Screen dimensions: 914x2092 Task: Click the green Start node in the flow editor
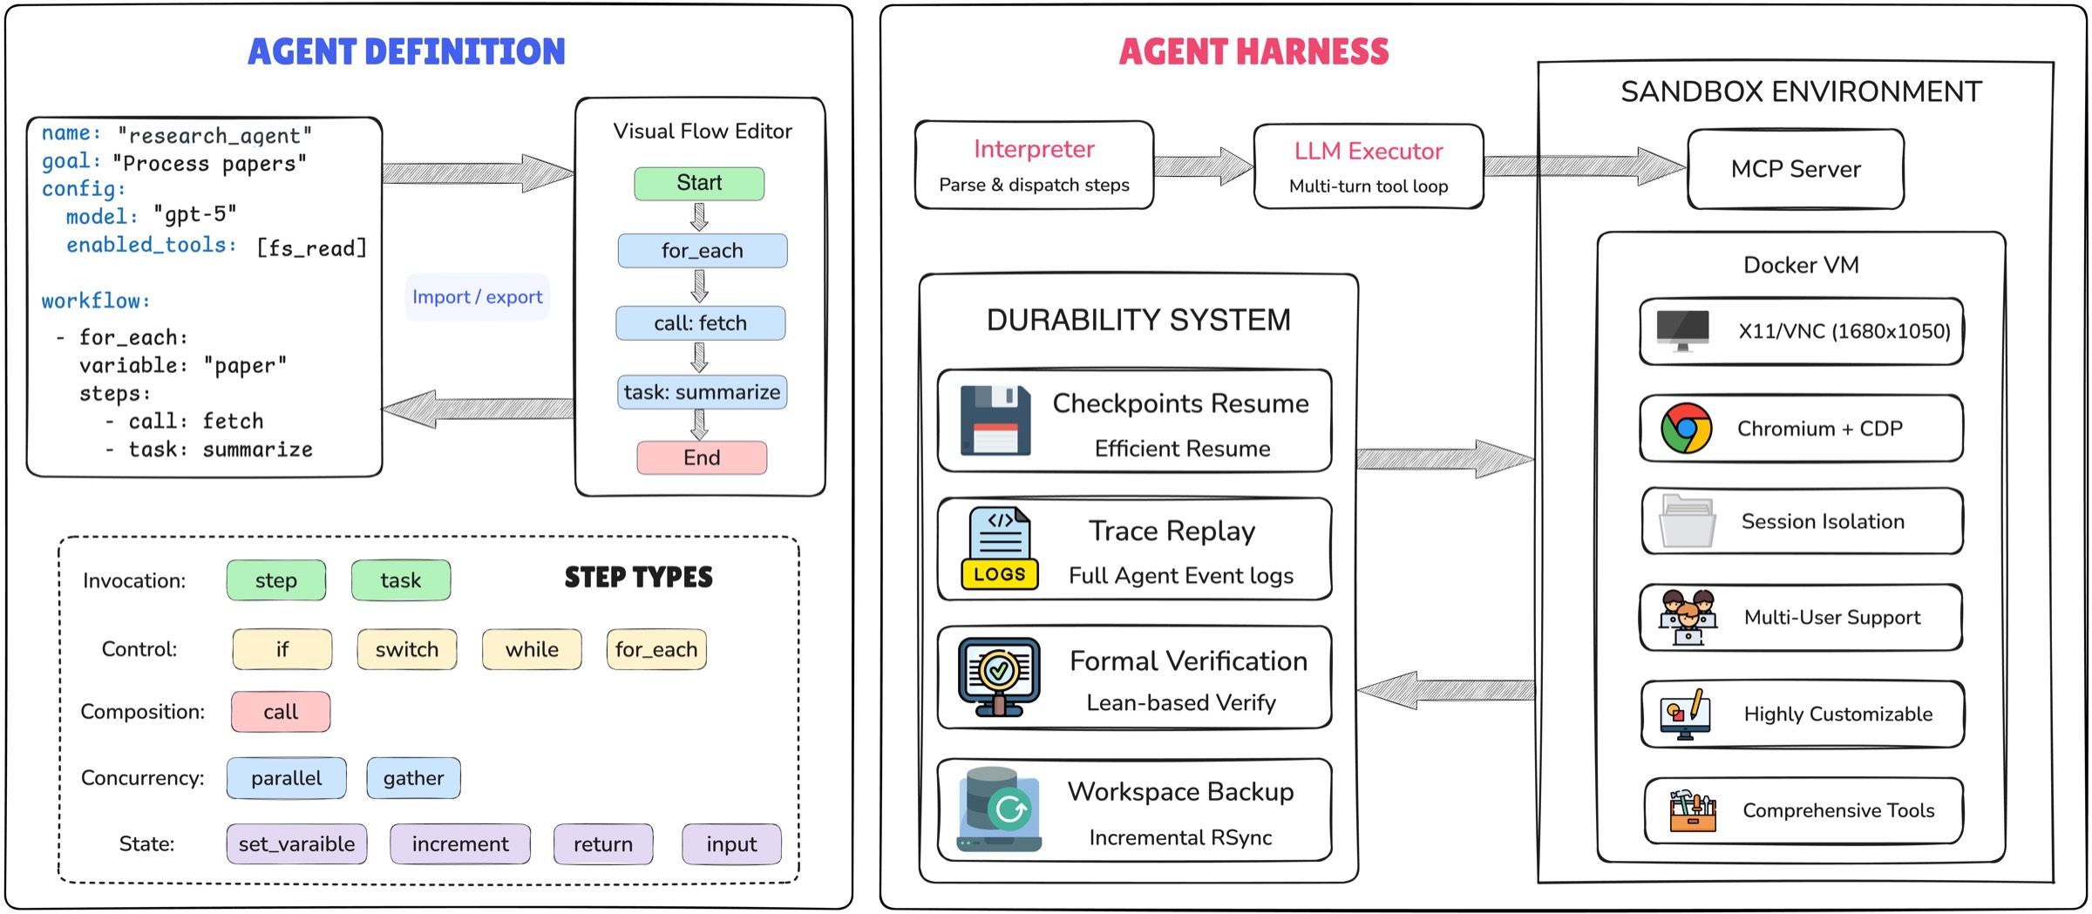tap(699, 183)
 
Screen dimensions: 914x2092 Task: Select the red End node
tap(702, 457)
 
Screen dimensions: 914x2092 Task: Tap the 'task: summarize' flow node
tap(702, 392)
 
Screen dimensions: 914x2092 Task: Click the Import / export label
tap(477, 297)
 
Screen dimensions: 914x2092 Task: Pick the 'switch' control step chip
tap(406, 649)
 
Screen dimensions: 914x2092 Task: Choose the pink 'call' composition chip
tap(281, 712)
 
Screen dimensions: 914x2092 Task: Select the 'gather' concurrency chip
tap(413, 778)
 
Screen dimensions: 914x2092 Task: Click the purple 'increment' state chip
tap(460, 844)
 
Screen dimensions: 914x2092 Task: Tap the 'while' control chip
tap(532, 649)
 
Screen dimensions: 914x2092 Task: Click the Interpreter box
tap(1034, 166)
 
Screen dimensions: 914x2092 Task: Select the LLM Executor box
tap(1369, 166)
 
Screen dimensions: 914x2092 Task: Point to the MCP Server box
tap(1796, 169)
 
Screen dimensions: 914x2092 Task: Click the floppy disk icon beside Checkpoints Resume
tap(995, 420)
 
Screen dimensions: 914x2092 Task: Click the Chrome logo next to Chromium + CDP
tap(1686, 428)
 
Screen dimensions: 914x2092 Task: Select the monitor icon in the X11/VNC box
tap(1682, 330)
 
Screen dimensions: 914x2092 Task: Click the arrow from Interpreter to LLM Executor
tap(1203, 166)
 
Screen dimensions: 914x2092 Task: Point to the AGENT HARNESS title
tap(1253, 51)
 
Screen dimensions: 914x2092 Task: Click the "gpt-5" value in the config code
tap(195, 214)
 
